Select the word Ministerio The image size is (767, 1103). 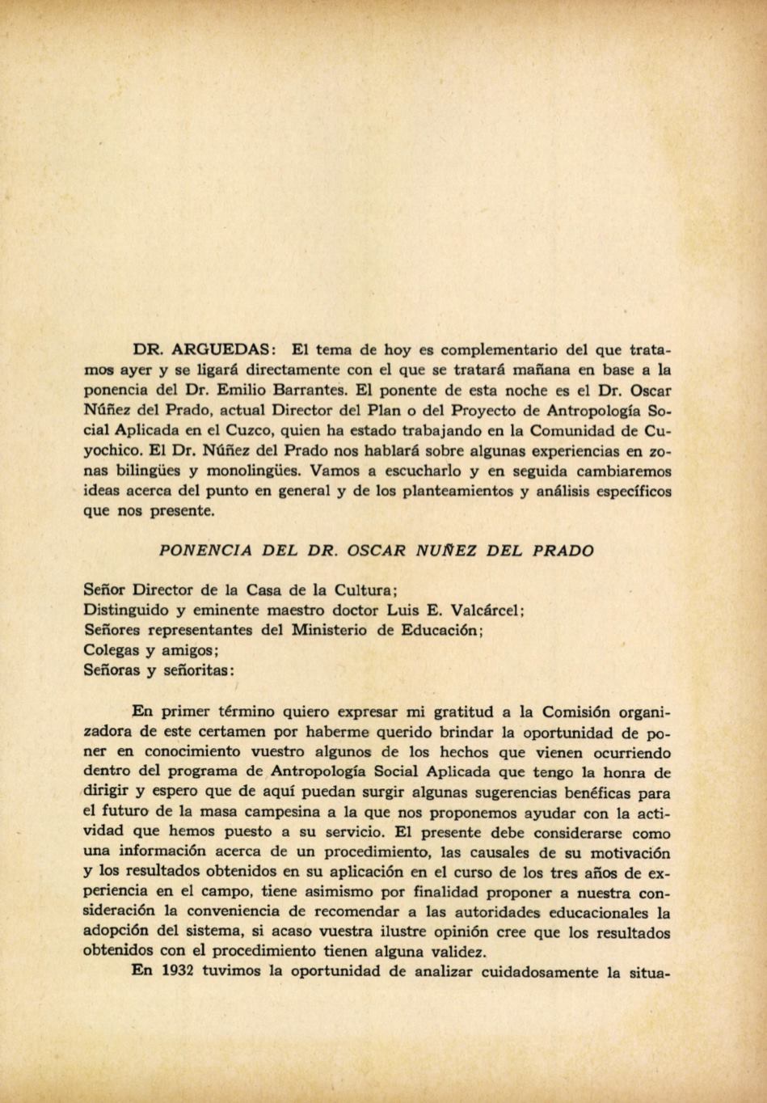coord(330,630)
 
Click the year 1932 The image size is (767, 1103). coord(173,971)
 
